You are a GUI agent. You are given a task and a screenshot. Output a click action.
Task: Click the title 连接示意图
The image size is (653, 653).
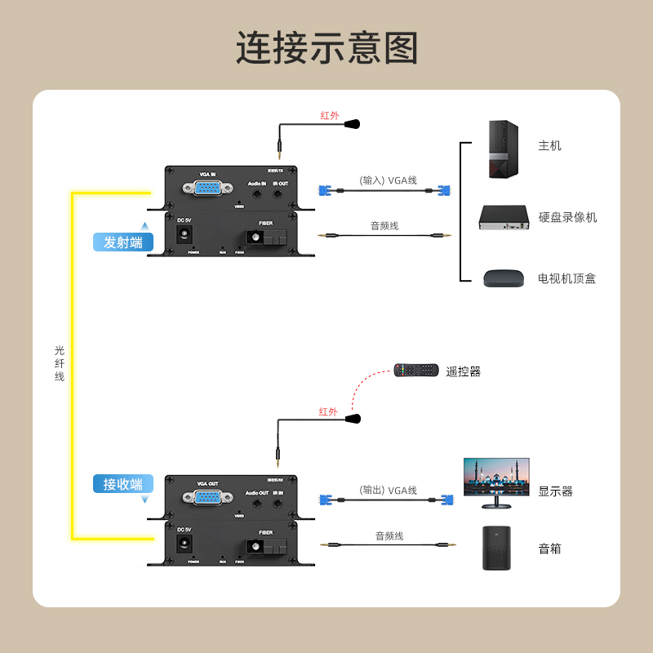pyautogui.click(x=326, y=48)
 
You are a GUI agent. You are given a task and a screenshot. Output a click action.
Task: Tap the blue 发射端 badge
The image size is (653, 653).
pyautogui.click(x=123, y=242)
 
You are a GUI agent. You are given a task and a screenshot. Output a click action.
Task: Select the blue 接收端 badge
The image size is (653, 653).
pyautogui.click(x=123, y=484)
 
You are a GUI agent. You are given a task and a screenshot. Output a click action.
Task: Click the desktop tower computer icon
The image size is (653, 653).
pyautogui.click(x=503, y=149)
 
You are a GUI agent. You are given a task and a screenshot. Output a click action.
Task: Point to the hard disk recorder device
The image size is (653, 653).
pyautogui.click(x=503, y=218)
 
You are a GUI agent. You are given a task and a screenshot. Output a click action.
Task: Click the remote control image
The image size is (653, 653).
pyautogui.click(x=416, y=371)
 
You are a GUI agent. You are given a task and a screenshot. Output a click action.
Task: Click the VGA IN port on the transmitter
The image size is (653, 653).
pyautogui.click(x=207, y=189)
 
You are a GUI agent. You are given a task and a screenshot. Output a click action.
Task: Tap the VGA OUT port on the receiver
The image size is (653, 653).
pyautogui.click(x=207, y=497)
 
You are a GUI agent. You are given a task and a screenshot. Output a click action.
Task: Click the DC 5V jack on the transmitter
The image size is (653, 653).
pyautogui.click(x=185, y=234)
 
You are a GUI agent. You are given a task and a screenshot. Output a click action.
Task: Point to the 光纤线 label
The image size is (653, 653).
pyautogui.click(x=60, y=363)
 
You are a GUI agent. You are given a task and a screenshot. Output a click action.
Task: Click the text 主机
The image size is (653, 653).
pyautogui.click(x=549, y=146)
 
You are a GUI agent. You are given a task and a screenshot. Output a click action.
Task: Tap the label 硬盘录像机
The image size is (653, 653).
pyautogui.click(x=567, y=217)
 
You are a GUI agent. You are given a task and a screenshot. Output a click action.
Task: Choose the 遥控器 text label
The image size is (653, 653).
pyautogui.click(x=463, y=371)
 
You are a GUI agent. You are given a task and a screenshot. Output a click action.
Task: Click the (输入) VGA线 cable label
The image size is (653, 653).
pyautogui.click(x=388, y=180)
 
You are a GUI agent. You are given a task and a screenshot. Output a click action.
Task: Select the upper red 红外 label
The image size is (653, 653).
pyautogui.click(x=329, y=116)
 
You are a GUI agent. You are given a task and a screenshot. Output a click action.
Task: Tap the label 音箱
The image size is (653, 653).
pyautogui.click(x=549, y=549)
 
